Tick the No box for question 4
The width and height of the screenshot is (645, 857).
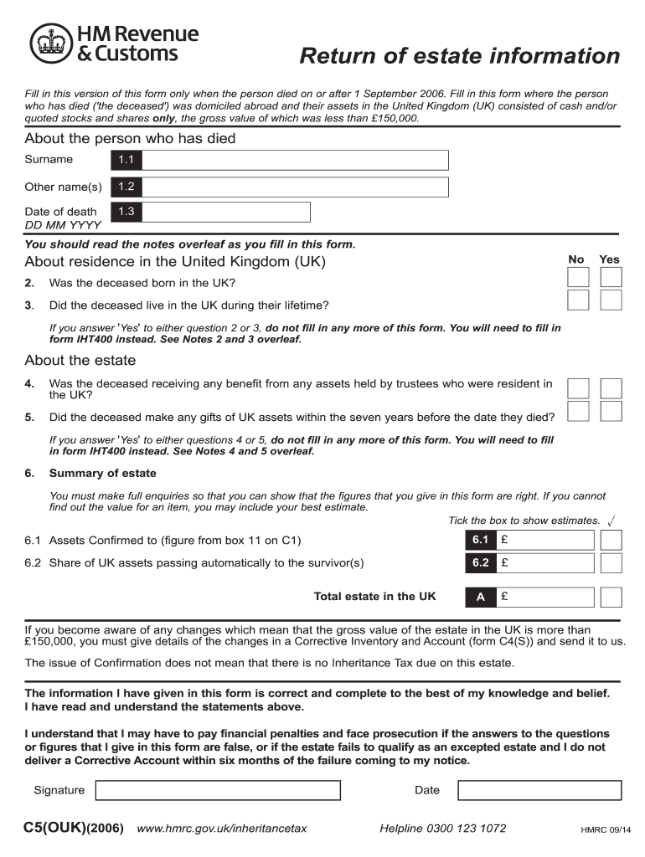coord(578,387)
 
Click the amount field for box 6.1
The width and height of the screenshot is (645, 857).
coord(544,540)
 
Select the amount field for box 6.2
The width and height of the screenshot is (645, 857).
coord(544,562)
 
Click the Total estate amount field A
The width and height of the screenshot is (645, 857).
coord(544,597)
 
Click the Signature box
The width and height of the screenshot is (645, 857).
coord(218,790)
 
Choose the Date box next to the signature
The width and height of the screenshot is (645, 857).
coord(539,790)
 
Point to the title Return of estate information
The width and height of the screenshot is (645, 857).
coord(460,57)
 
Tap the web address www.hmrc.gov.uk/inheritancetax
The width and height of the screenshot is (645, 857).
coord(222,829)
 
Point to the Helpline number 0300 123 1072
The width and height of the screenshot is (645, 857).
coord(443,829)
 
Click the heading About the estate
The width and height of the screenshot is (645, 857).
coord(80,361)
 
